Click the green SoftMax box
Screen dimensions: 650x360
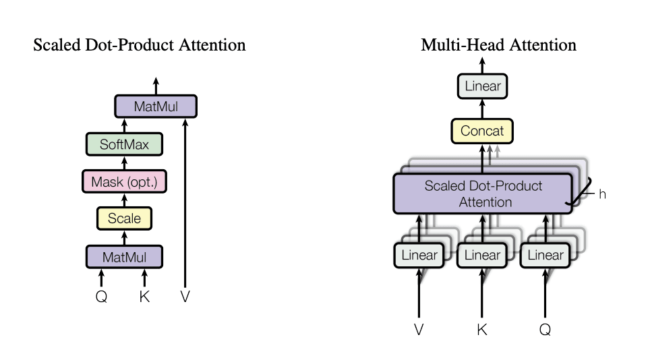tap(124, 144)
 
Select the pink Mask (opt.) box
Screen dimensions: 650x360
tap(124, 181)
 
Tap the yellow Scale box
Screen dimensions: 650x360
tap(124, 218)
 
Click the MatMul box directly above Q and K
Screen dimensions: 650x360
tap(124, 257)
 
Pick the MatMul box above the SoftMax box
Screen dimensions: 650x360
tap(156, 107)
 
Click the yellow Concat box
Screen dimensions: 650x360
tap(482, 131)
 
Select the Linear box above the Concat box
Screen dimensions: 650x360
tap(483, 86)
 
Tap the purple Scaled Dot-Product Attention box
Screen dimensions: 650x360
tap(483, 194)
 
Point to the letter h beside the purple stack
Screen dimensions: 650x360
tap(602, 194)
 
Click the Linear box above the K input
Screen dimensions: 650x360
tap(482, 256)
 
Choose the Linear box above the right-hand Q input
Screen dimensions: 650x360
tap(545, 256)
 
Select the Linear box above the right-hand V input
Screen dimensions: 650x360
tap(419, 256)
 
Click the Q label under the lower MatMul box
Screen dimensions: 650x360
tap(102, 297)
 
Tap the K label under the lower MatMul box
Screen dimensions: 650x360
tap(144, 296)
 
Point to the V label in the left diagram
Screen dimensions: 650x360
tap(185, 296)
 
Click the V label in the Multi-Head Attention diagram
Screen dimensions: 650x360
tap(419, 330)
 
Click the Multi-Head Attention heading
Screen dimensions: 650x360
tap(499, 44)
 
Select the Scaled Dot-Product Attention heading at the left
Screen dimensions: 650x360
tap(140, 44)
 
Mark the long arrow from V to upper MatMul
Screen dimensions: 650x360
tap(185, 203)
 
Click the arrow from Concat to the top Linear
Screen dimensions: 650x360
tap(482, 109)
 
